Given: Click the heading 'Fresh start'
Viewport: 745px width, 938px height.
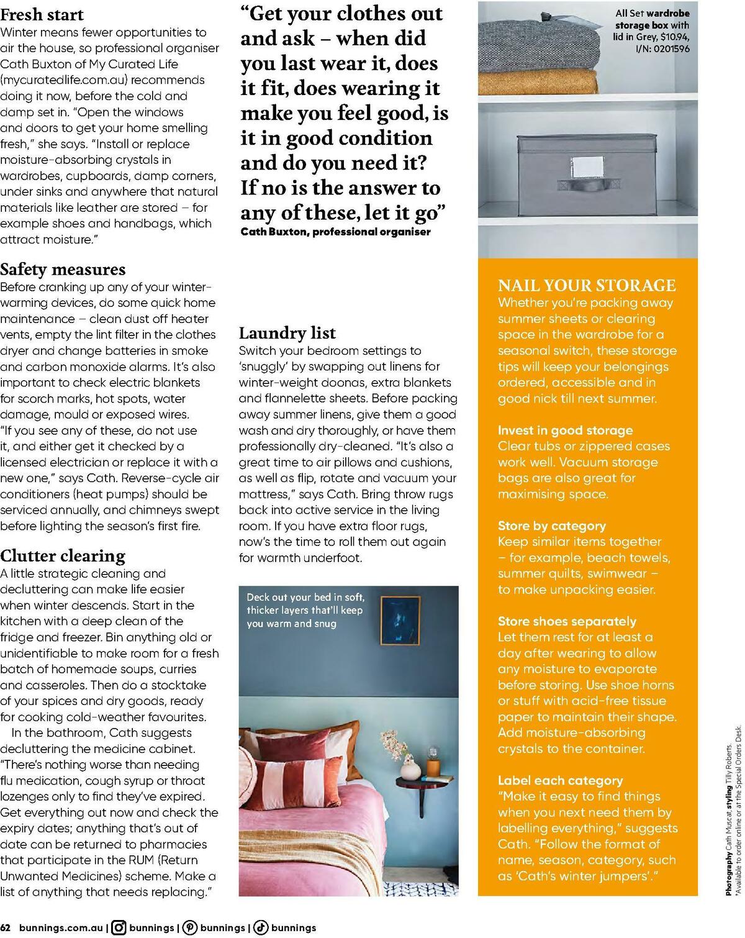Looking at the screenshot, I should [x=42, y=14].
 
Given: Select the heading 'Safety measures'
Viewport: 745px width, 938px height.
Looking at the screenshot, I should [x=63, y=269].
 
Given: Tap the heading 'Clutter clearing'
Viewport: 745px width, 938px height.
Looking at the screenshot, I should [x=63, y=555].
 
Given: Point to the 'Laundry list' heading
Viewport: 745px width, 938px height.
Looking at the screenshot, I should [x=287, y=333].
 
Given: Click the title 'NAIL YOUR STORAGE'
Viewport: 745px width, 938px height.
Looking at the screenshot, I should [x=587, y=285].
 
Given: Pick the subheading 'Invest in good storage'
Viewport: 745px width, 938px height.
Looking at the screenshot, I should [x=565, y=430].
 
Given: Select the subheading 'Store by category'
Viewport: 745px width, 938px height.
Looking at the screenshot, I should [x=551, y=526].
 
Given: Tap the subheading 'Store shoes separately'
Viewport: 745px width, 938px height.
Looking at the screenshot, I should [x=567, y=621].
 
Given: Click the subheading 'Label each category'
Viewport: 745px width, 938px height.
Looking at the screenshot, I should [x=560, y=780].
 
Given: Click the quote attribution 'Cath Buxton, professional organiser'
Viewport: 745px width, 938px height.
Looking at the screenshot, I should [x=335, y=232].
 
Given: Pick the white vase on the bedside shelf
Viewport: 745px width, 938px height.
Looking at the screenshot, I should [x=408, y=771].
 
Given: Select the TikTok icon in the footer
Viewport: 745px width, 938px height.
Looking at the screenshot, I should [x=261, y=927].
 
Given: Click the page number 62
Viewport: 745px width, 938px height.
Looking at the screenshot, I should [x=6, y=927].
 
